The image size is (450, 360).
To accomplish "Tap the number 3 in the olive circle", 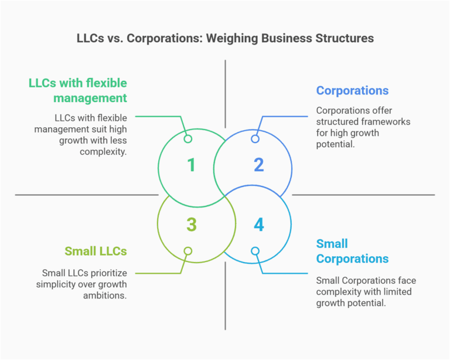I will click(191, 224).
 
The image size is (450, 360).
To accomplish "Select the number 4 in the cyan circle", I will click(258, 224).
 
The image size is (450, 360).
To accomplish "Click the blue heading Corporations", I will click(352, 91).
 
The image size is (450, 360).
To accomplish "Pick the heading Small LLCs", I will click(96, 252).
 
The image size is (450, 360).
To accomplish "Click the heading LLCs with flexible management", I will click(78, 90).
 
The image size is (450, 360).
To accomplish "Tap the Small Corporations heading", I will click(352, 251).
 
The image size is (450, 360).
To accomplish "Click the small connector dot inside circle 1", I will click(188, 139).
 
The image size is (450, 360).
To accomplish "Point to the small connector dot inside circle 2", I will click(255, 139).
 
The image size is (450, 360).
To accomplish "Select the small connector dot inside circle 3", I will click(188, 251).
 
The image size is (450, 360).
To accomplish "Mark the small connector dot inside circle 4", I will click(255, 251).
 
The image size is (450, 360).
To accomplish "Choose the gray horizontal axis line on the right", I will click(363, 195).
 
